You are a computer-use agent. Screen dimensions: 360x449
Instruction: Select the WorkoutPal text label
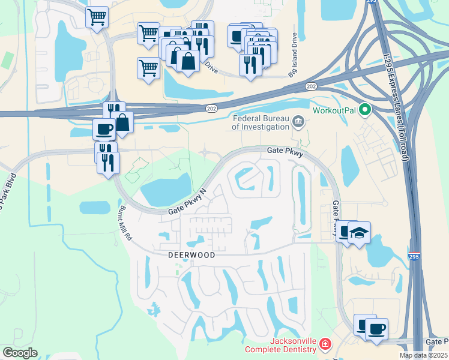(x=337, y=110)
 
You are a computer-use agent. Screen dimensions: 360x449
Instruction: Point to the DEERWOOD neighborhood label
(x=191, y=254)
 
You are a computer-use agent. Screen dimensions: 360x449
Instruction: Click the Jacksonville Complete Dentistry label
(x=280, y=346)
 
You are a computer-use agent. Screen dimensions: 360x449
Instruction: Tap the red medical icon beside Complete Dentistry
(x=325, y=345)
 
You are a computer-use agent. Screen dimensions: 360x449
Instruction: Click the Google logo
(x=20, y=353)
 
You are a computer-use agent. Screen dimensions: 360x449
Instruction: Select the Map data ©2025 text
(x=423, y=355)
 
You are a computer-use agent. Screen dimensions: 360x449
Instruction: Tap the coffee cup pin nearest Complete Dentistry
(x=376, y=329)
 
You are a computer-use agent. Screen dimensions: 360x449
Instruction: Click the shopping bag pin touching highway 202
(x=122, y=122)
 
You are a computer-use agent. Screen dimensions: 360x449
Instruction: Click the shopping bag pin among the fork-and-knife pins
(x=188, y=61)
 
